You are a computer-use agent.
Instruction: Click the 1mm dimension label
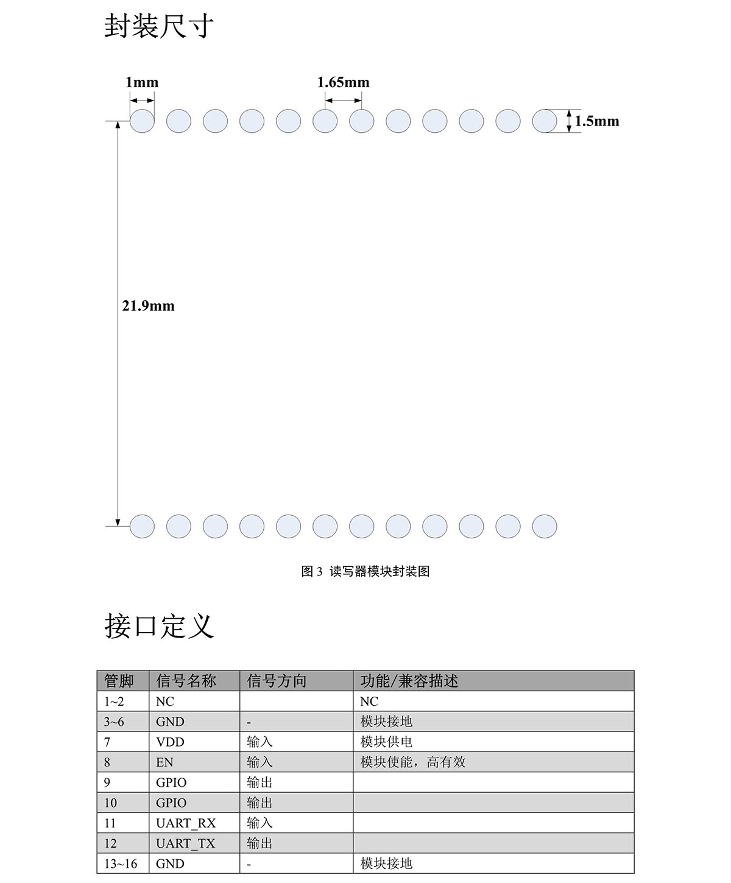[142, 82]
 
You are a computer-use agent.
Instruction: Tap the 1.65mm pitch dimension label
[343, 82]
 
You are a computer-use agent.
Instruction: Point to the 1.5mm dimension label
[597, 121]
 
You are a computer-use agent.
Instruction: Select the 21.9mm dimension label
[148, 306]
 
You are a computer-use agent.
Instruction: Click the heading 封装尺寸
[159, 26]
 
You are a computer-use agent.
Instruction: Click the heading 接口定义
[159, 625]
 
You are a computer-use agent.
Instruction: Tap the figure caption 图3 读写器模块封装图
[365, 571]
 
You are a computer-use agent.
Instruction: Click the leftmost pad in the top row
[142, 121]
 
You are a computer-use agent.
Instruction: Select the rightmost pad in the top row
[544, 121]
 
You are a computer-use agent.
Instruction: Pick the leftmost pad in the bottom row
[142, 526]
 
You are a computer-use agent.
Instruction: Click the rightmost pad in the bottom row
[544, 526]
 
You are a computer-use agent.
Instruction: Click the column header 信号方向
[277, 681]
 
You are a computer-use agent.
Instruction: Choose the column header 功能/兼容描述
[409, 681]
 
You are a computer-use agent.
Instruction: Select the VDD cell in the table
[170, 742]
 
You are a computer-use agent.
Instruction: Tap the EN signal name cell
[164, 762]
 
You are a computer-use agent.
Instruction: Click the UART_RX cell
[186, 823]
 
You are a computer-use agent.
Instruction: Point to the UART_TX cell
[186, 843]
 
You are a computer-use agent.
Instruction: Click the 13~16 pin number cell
[120, 864]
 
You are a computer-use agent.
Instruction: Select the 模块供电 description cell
[386, 742]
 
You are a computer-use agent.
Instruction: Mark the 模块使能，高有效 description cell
[412, 762]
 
